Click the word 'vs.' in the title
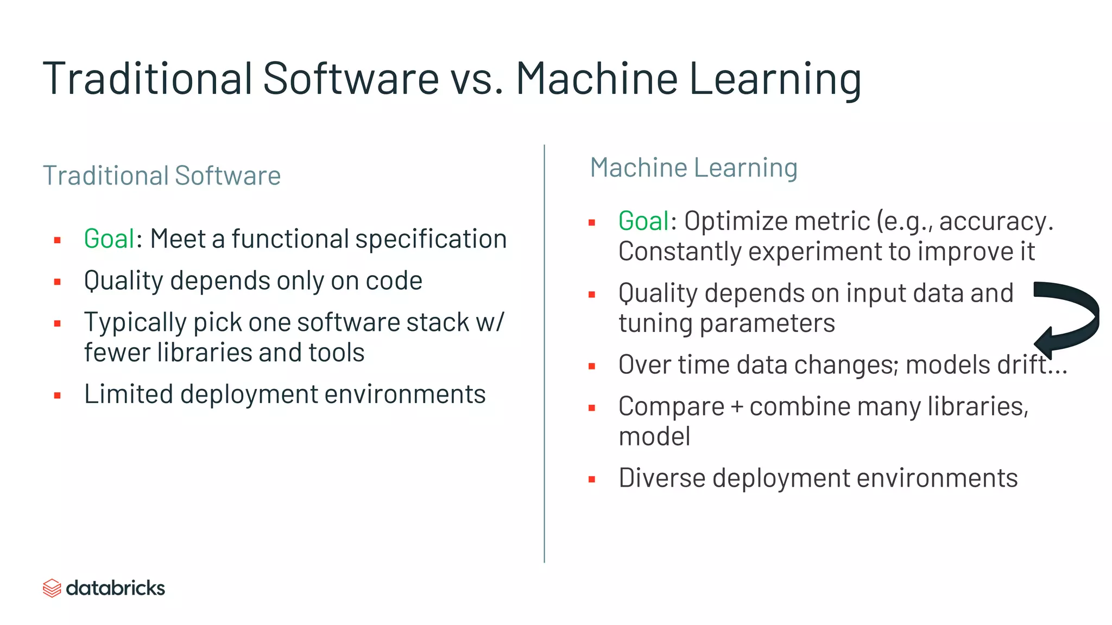pyautogui.click(x=476, y=79)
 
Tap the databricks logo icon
pyautogui.click(x=52, y=588)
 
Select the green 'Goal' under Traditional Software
pyautogui.click(x=109, y=239)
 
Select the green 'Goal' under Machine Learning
pyautogui.click(x=644, y=221)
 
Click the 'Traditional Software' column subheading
pyautogui.click(x=162, y=176)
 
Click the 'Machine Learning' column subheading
pyautogui.click(x=693, y=168)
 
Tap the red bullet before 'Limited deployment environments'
pyautogui.click(x=58, y=396)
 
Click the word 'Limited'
pyautogui.click(x=128, y=394)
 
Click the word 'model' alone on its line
pyautogui.click(x=654, y=437)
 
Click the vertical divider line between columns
pyautogui.click(x=544, y=353)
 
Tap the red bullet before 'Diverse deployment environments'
pyautogui.click(x=592, y=480)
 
